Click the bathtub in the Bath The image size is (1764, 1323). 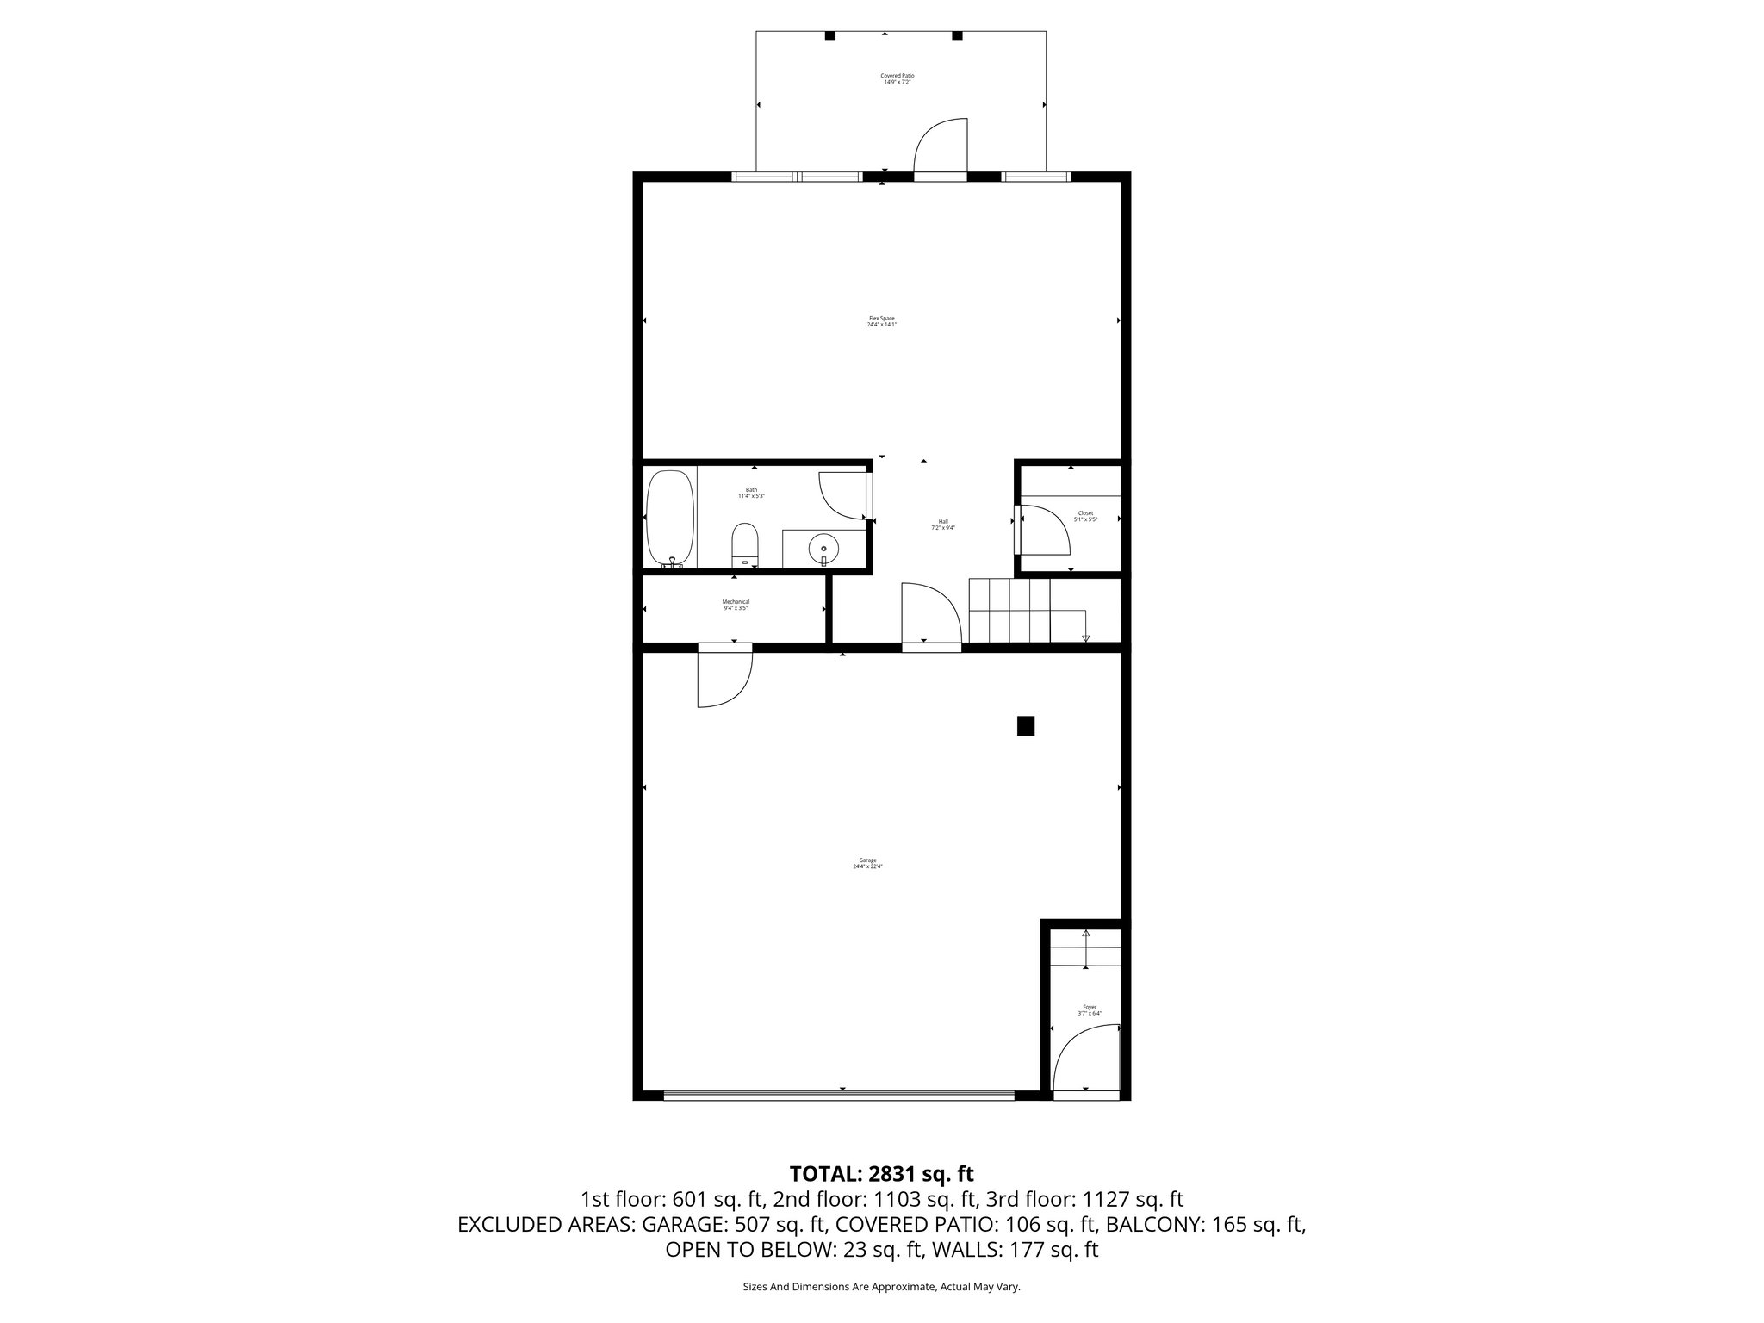670,518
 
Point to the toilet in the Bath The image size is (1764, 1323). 745,546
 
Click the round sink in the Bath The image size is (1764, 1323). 823,546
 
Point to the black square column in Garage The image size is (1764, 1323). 1025,726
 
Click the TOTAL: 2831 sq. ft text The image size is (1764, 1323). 881,1173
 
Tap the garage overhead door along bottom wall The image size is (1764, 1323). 839,1096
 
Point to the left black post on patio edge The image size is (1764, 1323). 830,36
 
